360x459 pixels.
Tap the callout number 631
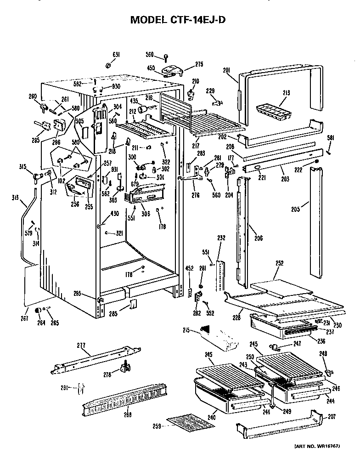[x=117, y=55]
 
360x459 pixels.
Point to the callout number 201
[x=226, y=70]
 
